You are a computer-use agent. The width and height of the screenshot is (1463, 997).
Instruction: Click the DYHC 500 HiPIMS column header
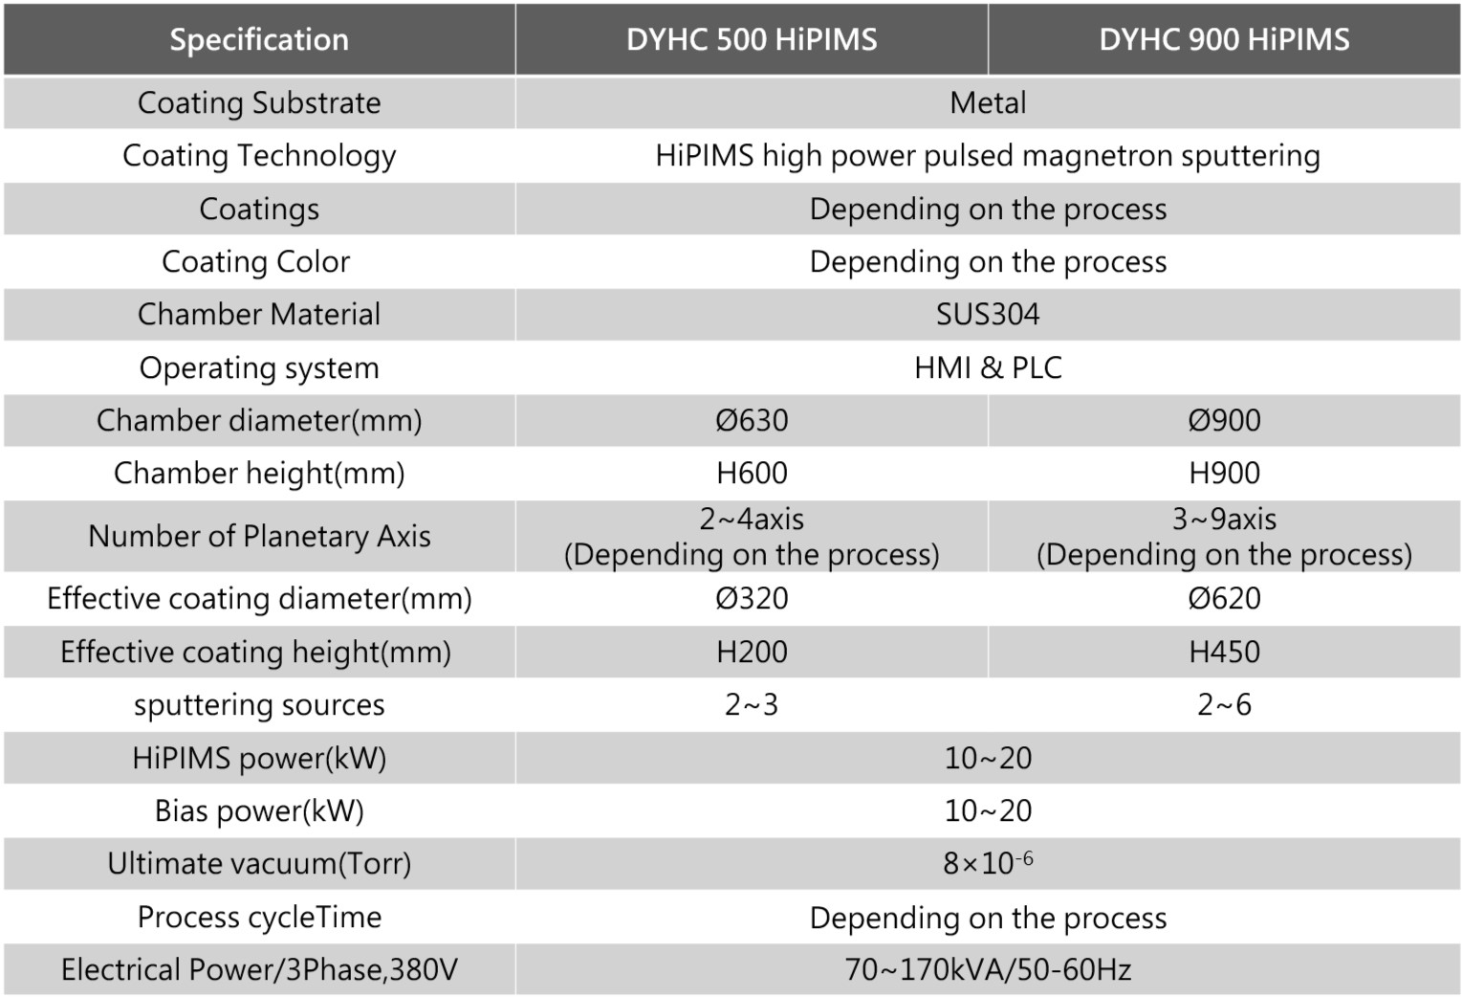[x=752, y=39]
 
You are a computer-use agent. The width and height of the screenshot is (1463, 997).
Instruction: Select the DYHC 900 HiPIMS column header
[x=1224, y=39]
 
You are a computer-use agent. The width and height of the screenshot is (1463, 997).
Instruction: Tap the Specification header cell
[x=259, y=39]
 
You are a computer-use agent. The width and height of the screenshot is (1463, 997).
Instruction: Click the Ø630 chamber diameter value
[x=752, y=420]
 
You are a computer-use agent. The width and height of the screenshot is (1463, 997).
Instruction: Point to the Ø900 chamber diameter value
[x=1224, y=420]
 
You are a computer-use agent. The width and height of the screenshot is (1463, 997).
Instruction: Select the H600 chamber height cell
[x=752, y=473]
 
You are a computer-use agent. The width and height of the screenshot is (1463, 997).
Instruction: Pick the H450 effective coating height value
[x=1224, y=652]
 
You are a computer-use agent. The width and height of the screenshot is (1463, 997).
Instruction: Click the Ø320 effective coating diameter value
[x=752, y=598]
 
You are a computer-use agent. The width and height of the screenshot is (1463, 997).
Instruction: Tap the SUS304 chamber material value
[x=988, y=314]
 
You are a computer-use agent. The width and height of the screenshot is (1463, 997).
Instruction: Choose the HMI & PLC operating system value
[x=988, y=367]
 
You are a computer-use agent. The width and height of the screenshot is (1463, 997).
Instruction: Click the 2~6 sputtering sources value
[x=1224, y=705]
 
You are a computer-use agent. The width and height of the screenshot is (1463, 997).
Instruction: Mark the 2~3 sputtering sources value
[x=752, y=705]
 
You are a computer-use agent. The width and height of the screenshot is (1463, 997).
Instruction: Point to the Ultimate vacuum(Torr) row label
[x=259, y=863]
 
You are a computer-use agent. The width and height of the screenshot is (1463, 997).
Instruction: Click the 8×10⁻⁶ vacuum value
[x=988, y=863]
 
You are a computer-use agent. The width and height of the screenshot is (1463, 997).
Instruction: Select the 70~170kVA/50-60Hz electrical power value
[x=988, y=969]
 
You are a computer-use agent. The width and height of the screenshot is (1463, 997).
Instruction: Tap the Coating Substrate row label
[x=259, y=102]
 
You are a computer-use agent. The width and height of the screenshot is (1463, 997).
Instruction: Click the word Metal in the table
[x=988, y=102]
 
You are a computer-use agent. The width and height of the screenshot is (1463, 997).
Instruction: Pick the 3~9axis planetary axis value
[x=1224, y=520]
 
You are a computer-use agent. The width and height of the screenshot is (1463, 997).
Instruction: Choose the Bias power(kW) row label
[x=259, y=810]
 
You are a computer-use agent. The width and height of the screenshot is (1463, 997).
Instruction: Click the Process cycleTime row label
[x=259, y=917]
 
